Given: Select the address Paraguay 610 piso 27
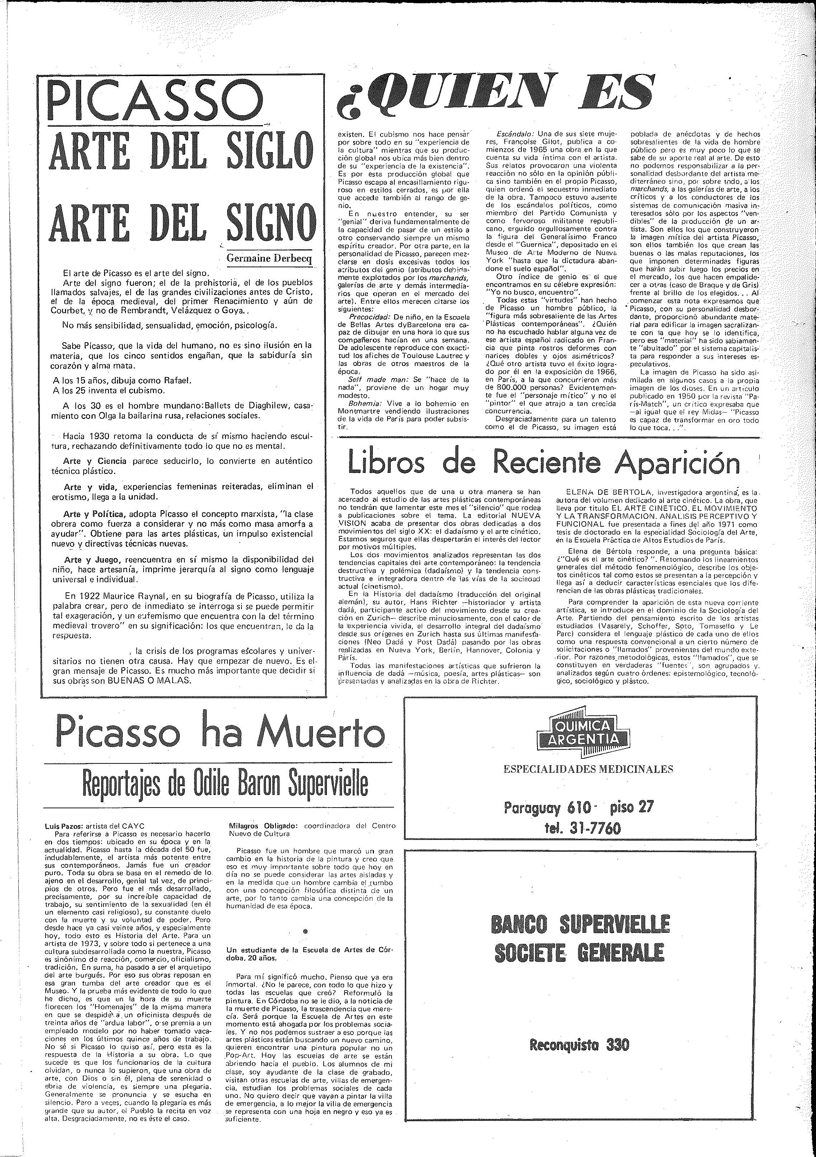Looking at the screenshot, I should (x=578, y=808).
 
